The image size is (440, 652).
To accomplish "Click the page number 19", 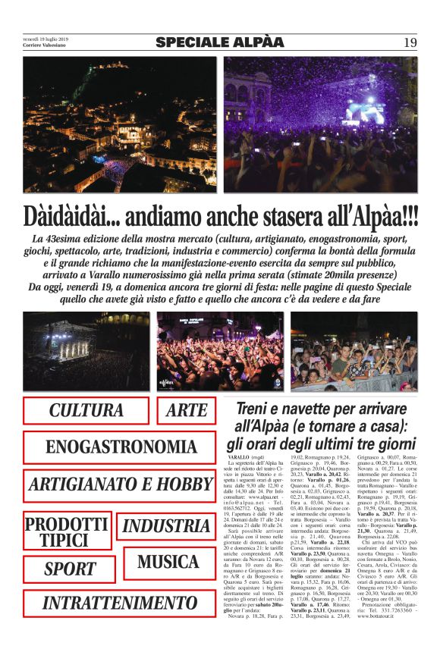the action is coord(410,42).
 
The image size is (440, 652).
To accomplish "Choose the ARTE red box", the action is coord(187,411).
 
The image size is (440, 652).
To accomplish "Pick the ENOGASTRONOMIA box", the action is coord(121,447).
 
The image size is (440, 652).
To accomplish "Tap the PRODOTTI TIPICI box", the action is coord(68,531).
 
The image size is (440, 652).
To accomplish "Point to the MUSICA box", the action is coord(168,563).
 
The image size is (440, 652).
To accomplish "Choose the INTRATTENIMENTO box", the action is coord(121,603).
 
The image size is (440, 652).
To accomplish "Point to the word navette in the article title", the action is coord(313,409).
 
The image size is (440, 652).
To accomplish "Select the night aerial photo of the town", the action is coord(119,124).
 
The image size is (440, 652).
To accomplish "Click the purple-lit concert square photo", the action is coord(319,124).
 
